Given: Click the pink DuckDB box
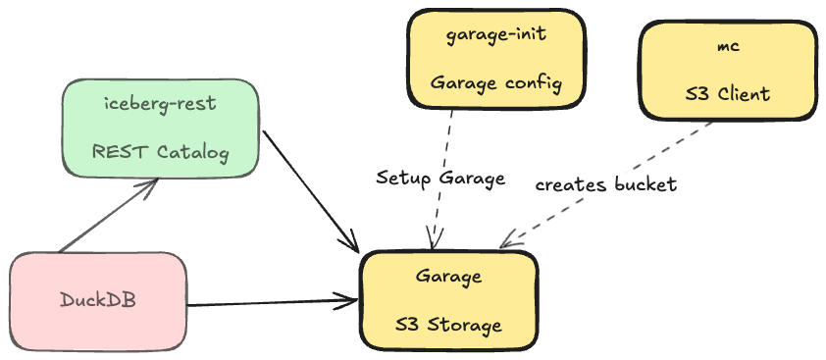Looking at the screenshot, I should pyautogui.click(x=98, y=301).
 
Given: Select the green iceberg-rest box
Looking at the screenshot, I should pyautogui.click(x=160, y=128).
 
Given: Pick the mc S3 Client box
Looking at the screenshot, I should pyautogui.click(x=727, y=70).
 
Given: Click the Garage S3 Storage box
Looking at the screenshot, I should pyautogui.click(x=448, y=300).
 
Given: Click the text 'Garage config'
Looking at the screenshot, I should pyautogui.click(x=495, y=82).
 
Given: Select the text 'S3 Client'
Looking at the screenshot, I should pyautogui.click(x=728, y=94).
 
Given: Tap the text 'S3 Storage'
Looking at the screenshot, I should pyautogui.click(x=448, y=325).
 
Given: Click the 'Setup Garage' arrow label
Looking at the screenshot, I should pyautogui.click(x=440, y=179).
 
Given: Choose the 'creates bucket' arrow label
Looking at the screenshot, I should pyautogui.click(x=605, y=184).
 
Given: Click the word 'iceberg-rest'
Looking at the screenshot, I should pyautogui.click(x=160, y=104).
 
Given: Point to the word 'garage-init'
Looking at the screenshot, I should pyautogui.click(x=495, y=35).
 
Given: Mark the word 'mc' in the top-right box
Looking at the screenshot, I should pyautogui.click(x=728, y=46).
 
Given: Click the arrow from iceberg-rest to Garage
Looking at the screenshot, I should pyautogui.click(x=309, y=186).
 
